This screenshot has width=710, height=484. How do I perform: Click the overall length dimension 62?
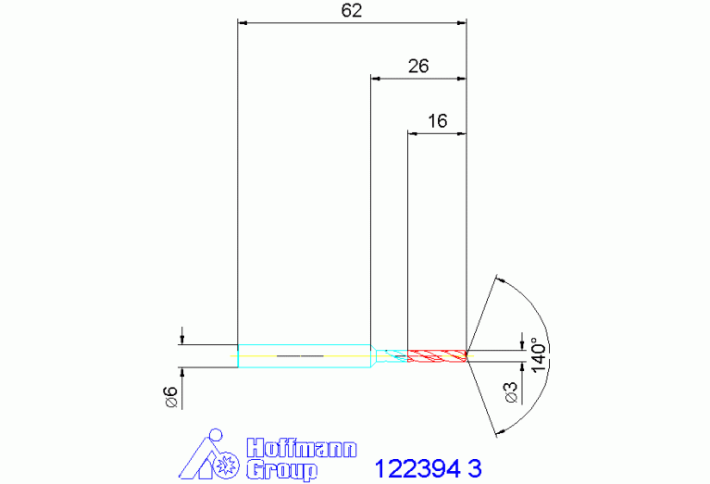tap(352, 10)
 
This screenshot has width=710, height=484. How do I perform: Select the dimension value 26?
tap(417, 66)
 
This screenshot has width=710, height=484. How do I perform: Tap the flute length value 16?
tap(438, 121)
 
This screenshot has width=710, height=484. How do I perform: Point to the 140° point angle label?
tap(540, 354)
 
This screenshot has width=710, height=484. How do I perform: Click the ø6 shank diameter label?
tap(171, 397)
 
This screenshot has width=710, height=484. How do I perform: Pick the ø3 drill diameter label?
tap(511, 392)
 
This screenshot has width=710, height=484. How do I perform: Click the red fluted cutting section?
tap(437, 356)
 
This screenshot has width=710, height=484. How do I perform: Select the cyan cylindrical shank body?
tap(305, 356)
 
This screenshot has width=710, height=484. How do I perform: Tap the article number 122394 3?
tap(428, 468)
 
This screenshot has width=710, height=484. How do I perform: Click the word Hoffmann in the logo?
tap(302, 448)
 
